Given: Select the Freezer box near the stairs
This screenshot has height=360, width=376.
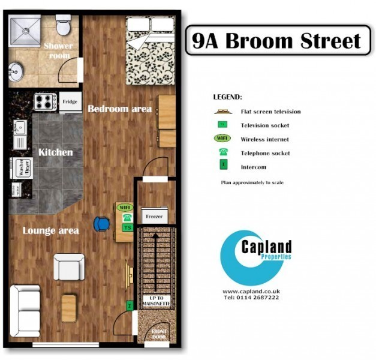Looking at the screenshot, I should tap(152, 216).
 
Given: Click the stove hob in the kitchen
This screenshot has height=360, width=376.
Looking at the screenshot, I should tap(46, 101).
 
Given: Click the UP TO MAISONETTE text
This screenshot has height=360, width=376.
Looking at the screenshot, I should tap(155, 301).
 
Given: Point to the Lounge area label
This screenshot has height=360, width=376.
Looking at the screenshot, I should tap(50, 231).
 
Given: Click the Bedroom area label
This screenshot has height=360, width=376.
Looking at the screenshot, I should tap(119, 109).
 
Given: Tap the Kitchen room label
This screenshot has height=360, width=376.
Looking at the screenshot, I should tap(55, 152).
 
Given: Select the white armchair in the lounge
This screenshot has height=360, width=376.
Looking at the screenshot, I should tap(69, 267).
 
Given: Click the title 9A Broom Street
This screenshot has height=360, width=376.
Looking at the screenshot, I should tap(276, 40).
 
